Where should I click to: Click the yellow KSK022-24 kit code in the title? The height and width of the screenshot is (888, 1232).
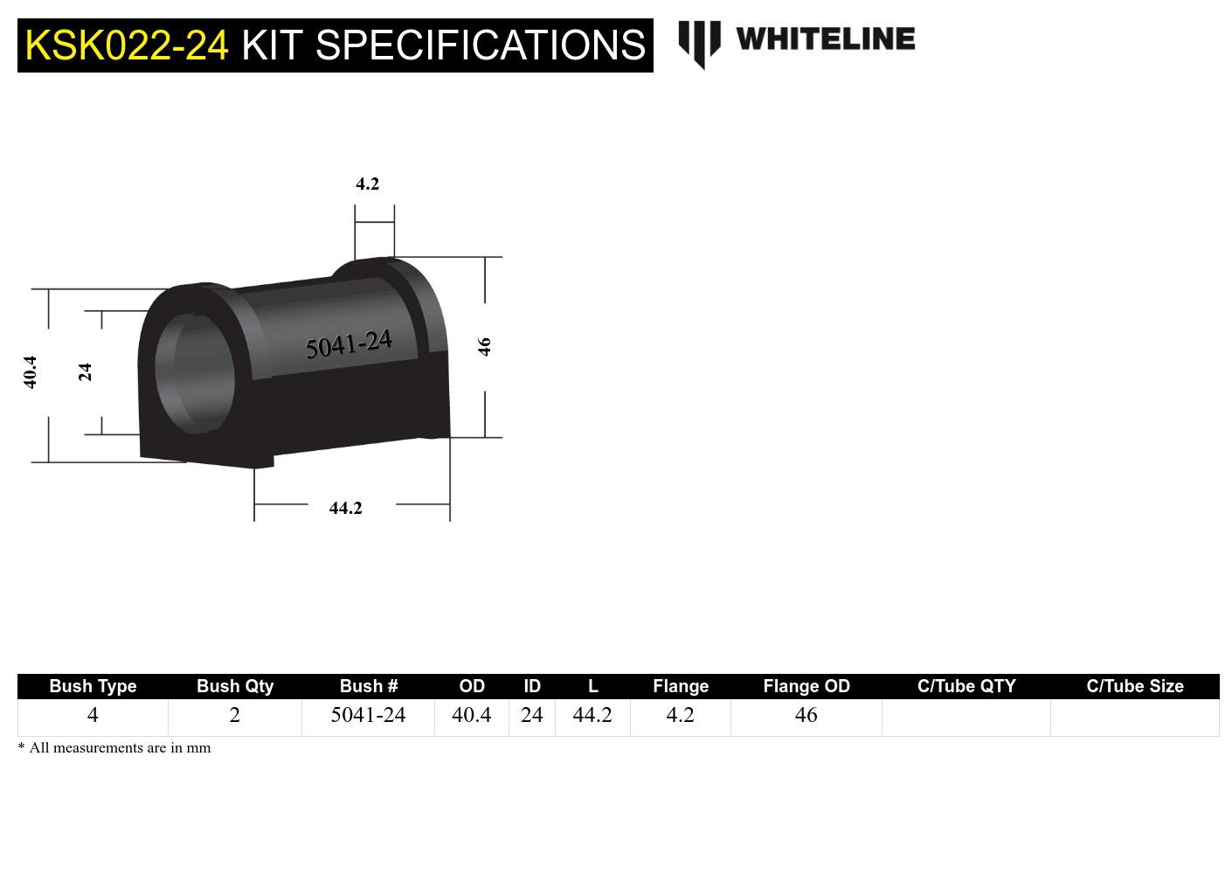[x=127, y=45]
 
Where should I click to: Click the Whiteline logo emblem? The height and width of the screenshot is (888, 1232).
[x=699, y=43]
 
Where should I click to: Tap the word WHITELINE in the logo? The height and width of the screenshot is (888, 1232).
[x=825, y=39]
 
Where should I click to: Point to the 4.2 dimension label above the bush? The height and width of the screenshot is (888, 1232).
[x=367, y=184]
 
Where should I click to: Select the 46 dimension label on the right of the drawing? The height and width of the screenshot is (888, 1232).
[x=485, y=346]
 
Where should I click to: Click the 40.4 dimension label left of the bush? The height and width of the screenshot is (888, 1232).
[x=31, y=371]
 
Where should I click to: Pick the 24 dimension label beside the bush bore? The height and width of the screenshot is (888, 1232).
[x=85, y=372]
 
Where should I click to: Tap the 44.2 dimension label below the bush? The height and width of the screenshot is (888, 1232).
[x=345, y=508]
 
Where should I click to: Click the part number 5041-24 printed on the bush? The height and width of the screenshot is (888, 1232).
[x=349, y=344]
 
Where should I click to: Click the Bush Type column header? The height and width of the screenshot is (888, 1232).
[x=93, y=686]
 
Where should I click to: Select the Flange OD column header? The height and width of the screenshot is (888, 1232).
[x=806, y=686]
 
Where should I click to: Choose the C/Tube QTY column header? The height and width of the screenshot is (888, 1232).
[x=966, y=686]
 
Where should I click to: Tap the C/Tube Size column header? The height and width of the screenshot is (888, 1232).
[x=1134, y=686]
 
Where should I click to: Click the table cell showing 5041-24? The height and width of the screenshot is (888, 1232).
[x=368, y=715]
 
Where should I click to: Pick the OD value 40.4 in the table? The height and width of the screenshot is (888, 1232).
[x=471, y=715]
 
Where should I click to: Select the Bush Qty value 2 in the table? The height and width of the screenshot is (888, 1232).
[x=234, y=715]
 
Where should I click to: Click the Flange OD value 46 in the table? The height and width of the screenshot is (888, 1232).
[x=806, y=715]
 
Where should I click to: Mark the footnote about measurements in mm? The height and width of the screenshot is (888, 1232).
[x=114, y=747]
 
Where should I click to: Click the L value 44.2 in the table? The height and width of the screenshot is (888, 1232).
[x=592, y=715]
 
